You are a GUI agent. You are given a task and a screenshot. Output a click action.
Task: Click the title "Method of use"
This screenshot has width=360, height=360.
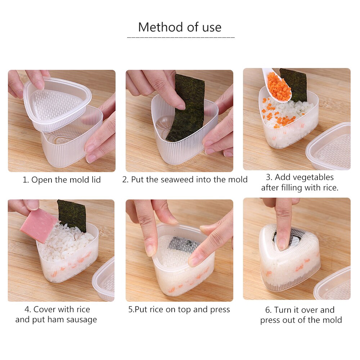coord(180,27)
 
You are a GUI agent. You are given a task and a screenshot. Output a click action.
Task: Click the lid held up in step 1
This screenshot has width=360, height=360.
coord(57,103)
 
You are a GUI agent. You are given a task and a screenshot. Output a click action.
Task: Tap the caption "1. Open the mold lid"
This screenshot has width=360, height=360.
coord(62,180)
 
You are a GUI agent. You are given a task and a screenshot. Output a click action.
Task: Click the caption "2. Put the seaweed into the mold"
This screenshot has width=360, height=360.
coord(185,180)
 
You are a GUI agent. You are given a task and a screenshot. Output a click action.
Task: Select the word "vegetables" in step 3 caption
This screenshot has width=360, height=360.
coord(304,177)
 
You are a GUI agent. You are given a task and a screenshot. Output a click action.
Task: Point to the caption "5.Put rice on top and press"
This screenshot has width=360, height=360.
coord(179,310)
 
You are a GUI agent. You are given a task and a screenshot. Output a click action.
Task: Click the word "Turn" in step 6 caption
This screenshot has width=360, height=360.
coord(283,310)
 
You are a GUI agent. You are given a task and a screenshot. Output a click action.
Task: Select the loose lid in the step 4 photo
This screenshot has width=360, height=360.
coord(104,279)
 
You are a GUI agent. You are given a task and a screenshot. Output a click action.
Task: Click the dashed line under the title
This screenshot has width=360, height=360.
coord(181,37)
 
